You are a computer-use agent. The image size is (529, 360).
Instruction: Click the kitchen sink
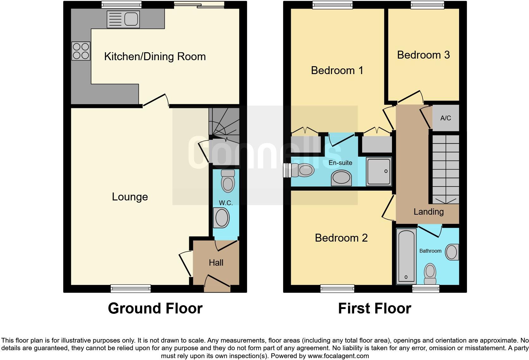click(x=123, y=19)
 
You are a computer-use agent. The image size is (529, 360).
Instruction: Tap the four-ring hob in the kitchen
click(x=81, y=51)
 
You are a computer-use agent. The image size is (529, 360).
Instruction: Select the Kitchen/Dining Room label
click(x=155, y=57)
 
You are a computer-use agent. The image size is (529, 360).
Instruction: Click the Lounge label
click(x=130, y=197)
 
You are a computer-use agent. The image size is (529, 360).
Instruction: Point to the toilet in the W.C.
click(x=228, y=181)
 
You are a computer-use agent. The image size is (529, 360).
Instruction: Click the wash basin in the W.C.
click(x=221, y=218)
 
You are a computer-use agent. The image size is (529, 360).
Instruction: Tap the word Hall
click(x=216, y=262)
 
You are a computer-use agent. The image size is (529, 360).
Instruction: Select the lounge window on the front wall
click(x=131, y=288)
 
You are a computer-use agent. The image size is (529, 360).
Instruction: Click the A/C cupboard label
click(x=445, y=118)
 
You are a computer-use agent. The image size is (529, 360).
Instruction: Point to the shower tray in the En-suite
click(x=379, y=171)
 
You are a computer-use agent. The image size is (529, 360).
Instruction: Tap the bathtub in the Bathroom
click(x=406, y=256)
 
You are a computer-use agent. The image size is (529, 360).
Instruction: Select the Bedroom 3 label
click(x=423, y=55)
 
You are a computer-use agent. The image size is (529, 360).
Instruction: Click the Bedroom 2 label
click(x=341, y=238)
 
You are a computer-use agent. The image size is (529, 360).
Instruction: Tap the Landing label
click(x=428, y=212)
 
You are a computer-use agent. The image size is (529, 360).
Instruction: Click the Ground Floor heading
click(x=155, y=308)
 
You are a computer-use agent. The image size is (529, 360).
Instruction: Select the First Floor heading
click(x=374, y=308)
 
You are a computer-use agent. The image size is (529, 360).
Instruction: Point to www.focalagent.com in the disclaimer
click(x=338, y=356)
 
